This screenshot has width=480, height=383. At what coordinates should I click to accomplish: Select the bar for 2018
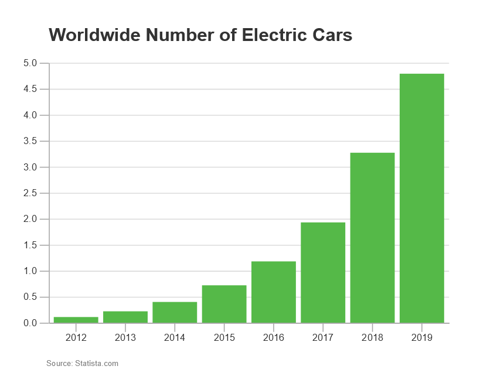point(372,238)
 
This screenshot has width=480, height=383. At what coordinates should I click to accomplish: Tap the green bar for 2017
point(323,272)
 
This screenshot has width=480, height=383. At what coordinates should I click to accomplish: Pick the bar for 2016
point(274,292)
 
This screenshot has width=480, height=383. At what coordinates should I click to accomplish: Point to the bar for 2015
point(224,304)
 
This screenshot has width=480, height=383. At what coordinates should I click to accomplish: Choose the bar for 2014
point(175,312)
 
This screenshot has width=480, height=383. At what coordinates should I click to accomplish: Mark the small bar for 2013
point(125,317)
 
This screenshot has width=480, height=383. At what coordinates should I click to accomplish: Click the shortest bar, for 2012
point(76,320)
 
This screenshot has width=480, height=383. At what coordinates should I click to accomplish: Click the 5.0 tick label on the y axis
point(30,63)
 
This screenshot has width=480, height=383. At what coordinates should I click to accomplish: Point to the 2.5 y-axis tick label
point(30,193)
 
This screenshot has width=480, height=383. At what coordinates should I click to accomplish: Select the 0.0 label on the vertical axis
point(30,323)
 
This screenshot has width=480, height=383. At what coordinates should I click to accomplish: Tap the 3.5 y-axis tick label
point(30,141)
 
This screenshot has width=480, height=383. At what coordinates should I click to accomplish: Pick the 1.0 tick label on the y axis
point(30,271)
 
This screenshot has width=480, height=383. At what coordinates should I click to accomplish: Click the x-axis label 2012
point(76,338)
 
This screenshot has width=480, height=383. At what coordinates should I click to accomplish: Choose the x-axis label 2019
point(421,338)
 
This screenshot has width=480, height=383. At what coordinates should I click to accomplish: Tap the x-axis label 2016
point(274,338)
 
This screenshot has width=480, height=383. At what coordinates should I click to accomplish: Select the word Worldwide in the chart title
point(96,35)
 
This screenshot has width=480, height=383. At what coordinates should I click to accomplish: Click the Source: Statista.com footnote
point(82,364)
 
